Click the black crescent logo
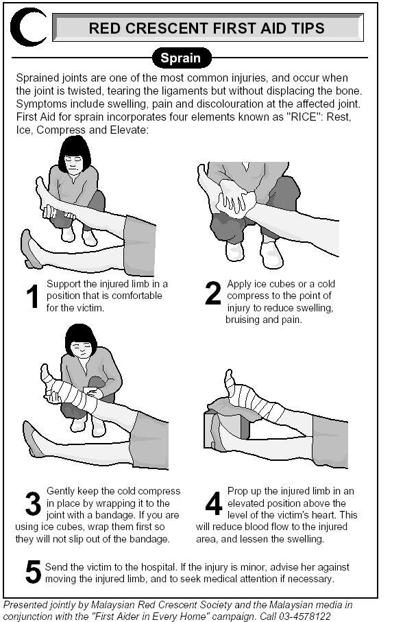(19, 27)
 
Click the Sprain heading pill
(181, 58)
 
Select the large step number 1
(32, 296)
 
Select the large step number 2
(213, 293)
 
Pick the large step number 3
(33, 504)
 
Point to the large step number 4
(214, 503)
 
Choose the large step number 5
(33, 572)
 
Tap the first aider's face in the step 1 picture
(74, 163)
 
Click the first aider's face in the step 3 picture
(82, 349)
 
